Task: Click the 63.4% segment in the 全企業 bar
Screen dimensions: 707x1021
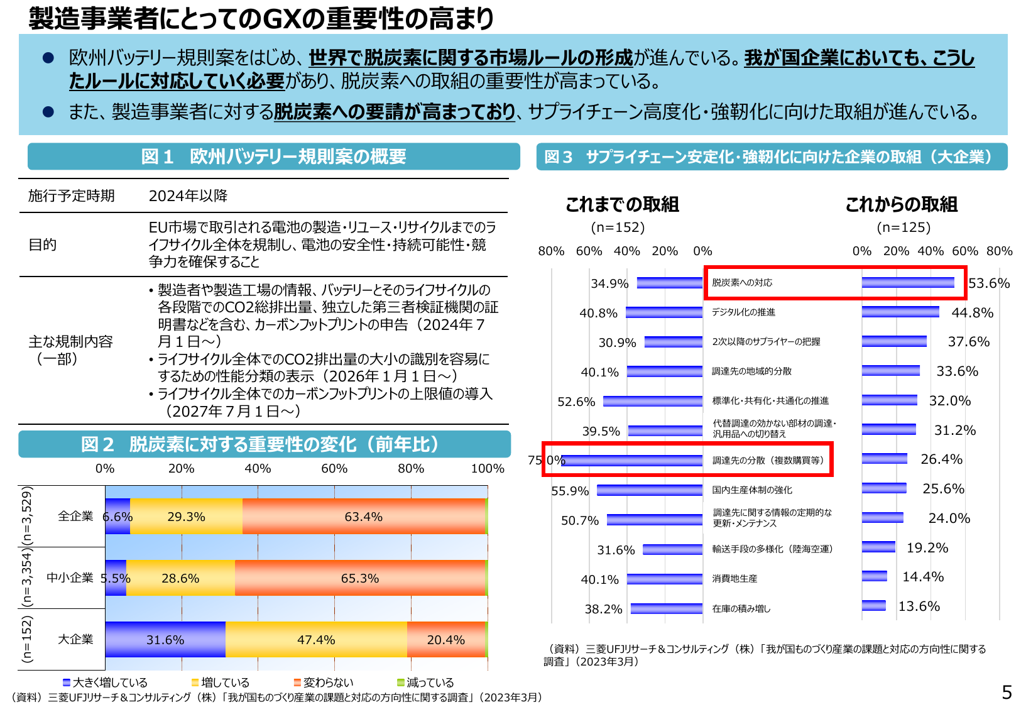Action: coord(363,517)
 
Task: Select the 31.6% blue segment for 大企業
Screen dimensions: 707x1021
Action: coord(165,640)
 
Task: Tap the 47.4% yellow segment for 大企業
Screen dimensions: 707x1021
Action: coord(316,640)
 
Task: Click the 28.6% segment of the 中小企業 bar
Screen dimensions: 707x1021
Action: coord(180,578)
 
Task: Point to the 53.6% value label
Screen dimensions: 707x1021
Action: coord(988,283)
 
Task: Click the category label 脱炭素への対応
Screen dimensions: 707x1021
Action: coord(741,283)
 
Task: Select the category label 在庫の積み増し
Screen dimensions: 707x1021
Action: coord(741,608)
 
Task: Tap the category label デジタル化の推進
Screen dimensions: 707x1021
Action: coord(743,312)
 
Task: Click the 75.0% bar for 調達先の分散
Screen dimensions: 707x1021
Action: coord(631,460)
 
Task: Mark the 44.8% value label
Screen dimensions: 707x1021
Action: coord(972,313)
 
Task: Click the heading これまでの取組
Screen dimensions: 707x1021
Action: coord(622,204)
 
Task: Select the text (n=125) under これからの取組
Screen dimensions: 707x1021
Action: coord(903,227)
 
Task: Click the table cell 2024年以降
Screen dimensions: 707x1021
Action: coord(188,196)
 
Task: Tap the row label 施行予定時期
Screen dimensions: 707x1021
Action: coord(71,196)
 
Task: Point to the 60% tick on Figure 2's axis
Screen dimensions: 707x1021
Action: coord(334,469)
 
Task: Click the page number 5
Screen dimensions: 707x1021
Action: coord(1007,692)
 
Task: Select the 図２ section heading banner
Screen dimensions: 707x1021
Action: coord(264,444)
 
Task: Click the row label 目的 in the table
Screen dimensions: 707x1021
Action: coord(42,244)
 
